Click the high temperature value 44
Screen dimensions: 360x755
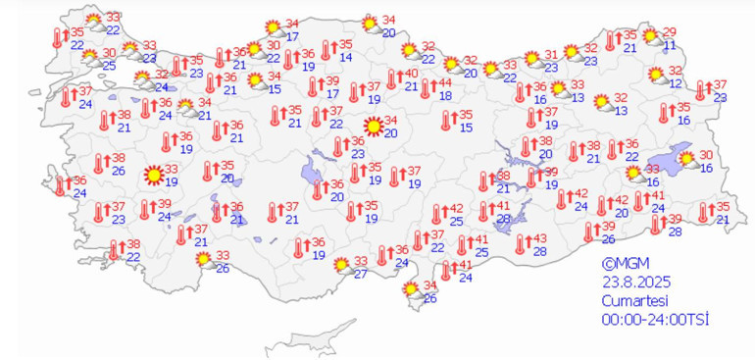point(444,80)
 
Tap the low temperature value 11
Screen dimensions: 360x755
point(669,45)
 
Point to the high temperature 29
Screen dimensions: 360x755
point(670,31)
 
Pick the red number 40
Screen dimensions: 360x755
point(412,73)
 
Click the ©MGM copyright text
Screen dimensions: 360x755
point(625,262)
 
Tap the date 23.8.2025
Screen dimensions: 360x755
point(638,281)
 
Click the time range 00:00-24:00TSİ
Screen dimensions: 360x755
point(655,320)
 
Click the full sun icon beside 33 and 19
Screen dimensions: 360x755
point(152,177)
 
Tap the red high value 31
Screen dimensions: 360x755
point(551,54)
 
